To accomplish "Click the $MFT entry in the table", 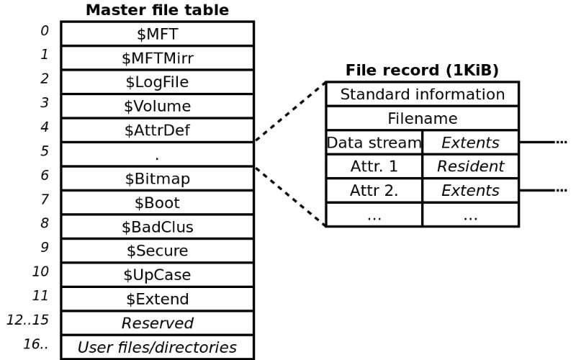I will pyautogui.click(x=157, y=33).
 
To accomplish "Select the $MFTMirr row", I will pyautogui.click(x=157, y=58).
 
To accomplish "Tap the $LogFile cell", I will pyautogui.click(x=157, y=82).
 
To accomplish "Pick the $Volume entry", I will pyautogui.click(x=157, y=107).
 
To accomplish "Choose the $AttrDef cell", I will pyautogui.click(x=157, y=130).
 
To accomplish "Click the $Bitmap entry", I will pyautogui.click(x=157, y=178).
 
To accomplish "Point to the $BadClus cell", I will pyautogui.click(x=157, y=227).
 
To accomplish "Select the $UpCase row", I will pyautogui.click(x=157, y=275).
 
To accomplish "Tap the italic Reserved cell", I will pyautogui.click(x=157, y=323).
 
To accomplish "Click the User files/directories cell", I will pyautogui.click(x=157, y=347).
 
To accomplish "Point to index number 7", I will pyautogui.click(x=45, y=199).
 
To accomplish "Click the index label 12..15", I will pyautogui.click(x=27, y=320).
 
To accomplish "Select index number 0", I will pyautogui.click(x=45, y=30).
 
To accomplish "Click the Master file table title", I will pyautogui.click(x=157, y=10).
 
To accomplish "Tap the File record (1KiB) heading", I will pyautogui.click(x=422, y=70).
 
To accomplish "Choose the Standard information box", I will pyautogui.click(x=422, y=94).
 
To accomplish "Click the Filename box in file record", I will pyautogui.click(x=422, y=118).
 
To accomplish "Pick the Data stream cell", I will pyautogui.click(x=374, y=143).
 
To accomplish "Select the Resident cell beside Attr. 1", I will pyautogui.click(x=470, y=166).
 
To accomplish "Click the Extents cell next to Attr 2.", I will pyautogui.click(x=470, y=191).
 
